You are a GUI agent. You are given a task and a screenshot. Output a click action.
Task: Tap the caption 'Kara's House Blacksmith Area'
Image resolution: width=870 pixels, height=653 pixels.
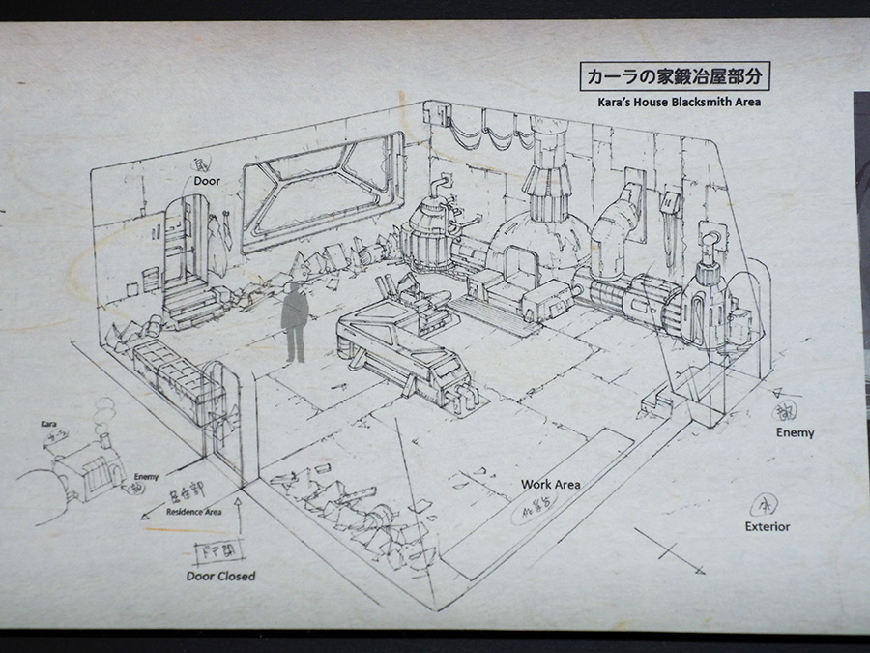675,102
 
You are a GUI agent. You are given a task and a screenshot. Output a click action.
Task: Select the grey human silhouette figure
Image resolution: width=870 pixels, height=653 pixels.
296,318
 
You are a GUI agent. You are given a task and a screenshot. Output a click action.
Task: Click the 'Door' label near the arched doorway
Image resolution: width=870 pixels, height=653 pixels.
207,180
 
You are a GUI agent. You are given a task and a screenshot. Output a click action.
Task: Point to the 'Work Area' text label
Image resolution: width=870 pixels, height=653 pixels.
550,484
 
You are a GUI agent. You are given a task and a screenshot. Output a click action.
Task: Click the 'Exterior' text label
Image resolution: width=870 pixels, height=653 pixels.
767,526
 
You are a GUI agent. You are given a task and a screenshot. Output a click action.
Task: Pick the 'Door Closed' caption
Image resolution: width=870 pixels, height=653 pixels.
220,576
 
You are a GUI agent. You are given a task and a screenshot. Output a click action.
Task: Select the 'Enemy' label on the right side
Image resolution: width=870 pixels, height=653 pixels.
795,432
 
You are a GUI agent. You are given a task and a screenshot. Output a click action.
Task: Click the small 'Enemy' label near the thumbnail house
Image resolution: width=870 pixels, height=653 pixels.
146,476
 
